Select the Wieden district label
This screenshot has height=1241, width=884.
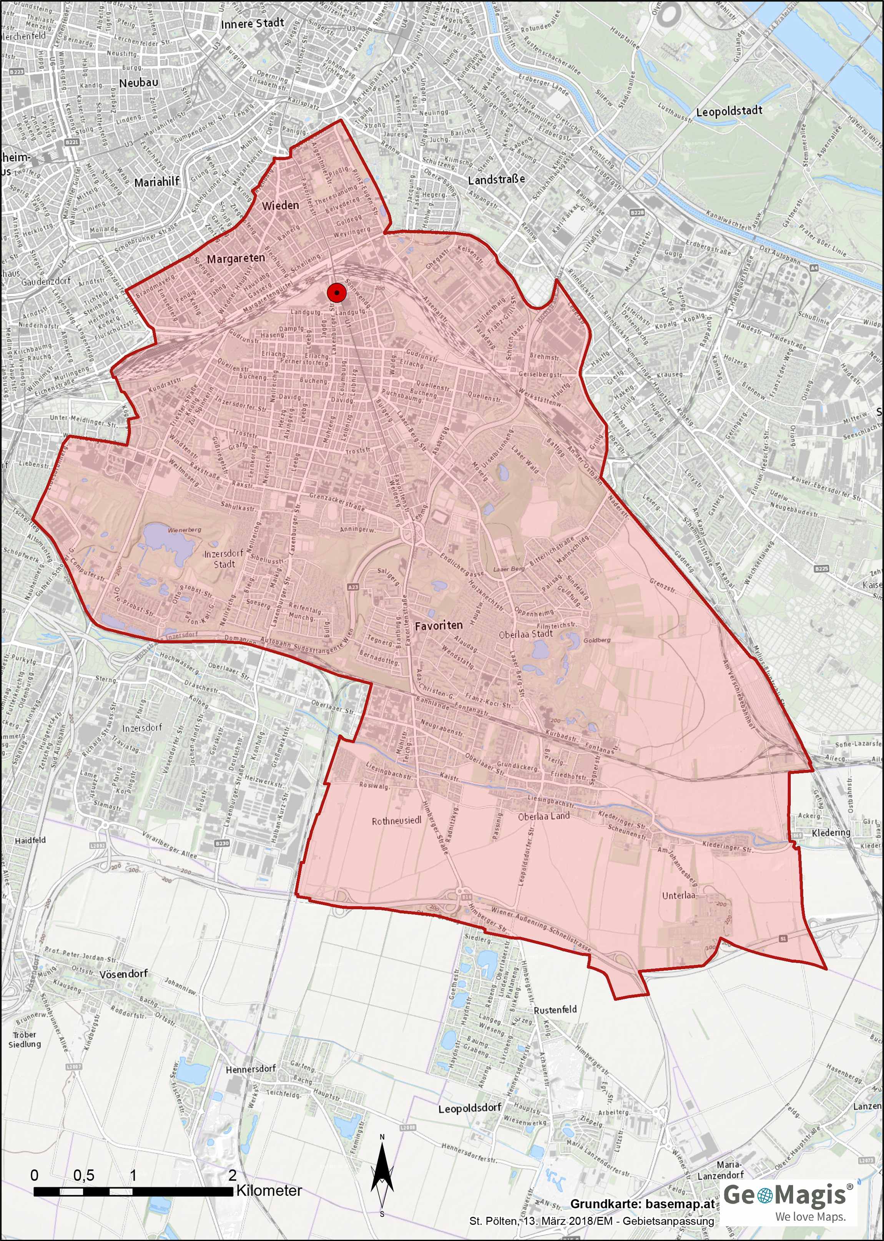[280, 205]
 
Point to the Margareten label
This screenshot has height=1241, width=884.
[236, 259]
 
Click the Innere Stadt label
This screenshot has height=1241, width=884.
[252, 23]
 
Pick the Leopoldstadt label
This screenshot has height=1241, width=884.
[729, 111]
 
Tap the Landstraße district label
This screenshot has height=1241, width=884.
[497, 179]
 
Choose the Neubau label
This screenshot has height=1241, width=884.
[139, 83]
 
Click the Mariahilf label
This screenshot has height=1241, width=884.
[157, 182]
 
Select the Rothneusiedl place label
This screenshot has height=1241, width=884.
[396, 821]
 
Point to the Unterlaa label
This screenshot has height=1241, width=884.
[678, 895]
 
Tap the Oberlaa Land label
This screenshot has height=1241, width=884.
[544, 816]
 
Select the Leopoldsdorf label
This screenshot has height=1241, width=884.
[470, 1108]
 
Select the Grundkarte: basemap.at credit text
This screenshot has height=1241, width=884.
[642, 1204]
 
